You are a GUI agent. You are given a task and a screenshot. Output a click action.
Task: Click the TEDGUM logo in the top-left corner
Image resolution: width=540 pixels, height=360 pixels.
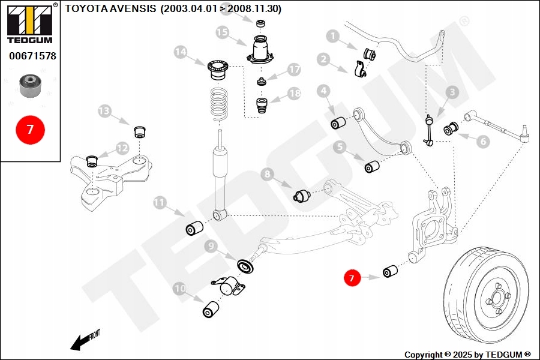click(29, 24)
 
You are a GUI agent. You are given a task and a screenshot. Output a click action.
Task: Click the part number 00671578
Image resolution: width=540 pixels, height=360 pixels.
click(32, 56)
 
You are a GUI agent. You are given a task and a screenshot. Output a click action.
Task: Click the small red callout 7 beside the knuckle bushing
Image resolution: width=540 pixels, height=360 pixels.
click(352, 277)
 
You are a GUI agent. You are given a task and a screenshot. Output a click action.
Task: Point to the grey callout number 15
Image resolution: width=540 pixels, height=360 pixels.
click(223, 32)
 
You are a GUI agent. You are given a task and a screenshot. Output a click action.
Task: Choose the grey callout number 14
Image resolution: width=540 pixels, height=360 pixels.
click(181, 52)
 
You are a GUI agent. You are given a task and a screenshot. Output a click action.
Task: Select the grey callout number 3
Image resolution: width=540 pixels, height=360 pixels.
click(452, 92)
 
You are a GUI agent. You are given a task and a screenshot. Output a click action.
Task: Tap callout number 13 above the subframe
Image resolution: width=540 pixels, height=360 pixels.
click(105, 111)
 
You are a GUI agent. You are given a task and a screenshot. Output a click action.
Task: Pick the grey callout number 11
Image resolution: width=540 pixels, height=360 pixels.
click(160, 202)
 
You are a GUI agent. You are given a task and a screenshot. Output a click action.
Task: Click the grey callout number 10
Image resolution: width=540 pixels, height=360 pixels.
click(180, 289)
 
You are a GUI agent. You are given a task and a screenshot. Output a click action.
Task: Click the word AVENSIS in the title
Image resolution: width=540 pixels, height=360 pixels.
click(133, 9)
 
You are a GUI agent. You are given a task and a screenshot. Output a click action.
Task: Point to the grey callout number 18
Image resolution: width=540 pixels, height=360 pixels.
click(293, 94)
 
